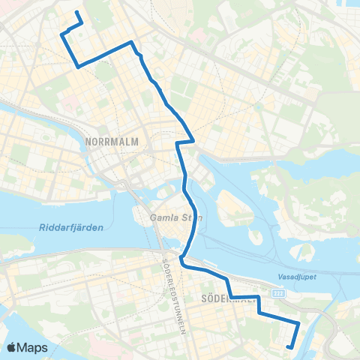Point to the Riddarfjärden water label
pyautogui.click(x=68, y=226)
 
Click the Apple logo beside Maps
pyautogui.click(x=13, y=347)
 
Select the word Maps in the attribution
pyautogui.click(x=34, y=347)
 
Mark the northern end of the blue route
pyautogui.click(x=77, y=12)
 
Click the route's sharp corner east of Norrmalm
pyautogui.click(x=194, y=139)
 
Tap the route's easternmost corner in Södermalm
pyautogui.click(x=298, y=323)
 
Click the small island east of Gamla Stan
pyautogui.click(x=231, y=203)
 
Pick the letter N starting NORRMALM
pyautogui.click(x=90, y=141)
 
